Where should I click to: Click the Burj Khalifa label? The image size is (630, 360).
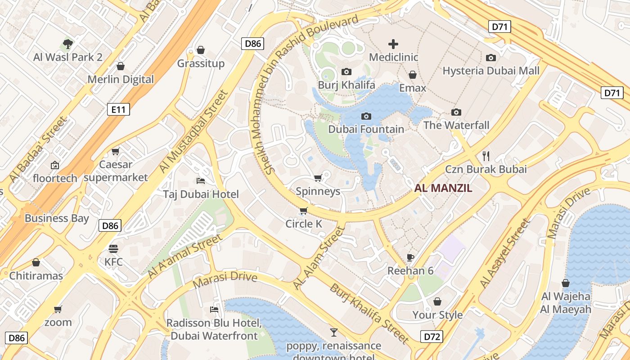tap(346, 85)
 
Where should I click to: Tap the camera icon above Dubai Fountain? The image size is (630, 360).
tap(366, 116)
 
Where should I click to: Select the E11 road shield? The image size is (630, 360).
tap(118, 109)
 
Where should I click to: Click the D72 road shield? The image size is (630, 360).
tap(432, 336)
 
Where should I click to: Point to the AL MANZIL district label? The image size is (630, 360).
tap(443, 189)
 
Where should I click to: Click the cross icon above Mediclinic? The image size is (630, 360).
tap(393, 44)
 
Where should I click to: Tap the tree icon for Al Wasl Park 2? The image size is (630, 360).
tap(68, 44)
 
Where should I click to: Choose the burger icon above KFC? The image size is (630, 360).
tap(113, 248)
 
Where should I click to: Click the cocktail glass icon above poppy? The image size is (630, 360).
tap(333, 333)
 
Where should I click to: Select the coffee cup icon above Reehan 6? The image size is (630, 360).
tap(410, 257)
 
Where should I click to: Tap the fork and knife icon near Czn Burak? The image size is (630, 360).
tap(486, 156)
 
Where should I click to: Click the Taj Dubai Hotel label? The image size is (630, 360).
tap(201, 194)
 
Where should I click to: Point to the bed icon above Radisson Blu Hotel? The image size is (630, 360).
tap(214, 310)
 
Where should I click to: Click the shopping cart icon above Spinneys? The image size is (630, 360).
tap(318, 178)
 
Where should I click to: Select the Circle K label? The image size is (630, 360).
tap(304, 224)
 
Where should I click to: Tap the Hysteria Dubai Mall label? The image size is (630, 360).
tap(491, 71)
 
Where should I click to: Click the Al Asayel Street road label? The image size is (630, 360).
tap(505, 254)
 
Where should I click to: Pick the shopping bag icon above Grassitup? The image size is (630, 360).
tap(201, 49)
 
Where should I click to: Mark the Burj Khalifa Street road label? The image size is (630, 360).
tap(369, 313)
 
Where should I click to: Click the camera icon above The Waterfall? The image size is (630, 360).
tap(456, 112)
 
